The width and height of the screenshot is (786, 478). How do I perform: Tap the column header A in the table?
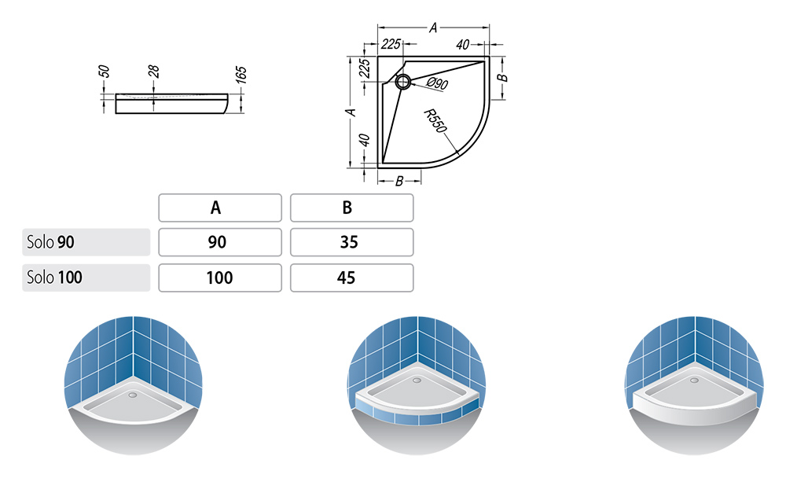coord(220,208)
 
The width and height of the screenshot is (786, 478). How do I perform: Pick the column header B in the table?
coord(352,208)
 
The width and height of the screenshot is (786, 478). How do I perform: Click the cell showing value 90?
coord(220,242)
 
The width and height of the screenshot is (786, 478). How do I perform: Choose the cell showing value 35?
coord(352,242)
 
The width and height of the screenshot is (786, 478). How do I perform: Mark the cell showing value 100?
coord(220,278)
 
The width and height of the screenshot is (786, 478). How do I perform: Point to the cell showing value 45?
coord(352,278)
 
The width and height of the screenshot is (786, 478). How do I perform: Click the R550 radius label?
coord(435,121)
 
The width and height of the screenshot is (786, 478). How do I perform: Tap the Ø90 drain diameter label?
coord(438,83)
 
